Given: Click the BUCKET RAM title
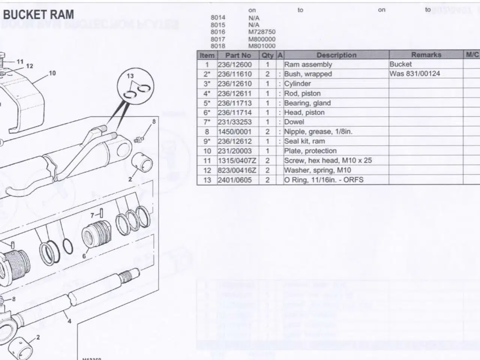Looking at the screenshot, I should (39, 15).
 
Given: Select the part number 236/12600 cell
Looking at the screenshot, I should (235, 64).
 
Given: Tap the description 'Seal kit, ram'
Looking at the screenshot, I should (304, 141).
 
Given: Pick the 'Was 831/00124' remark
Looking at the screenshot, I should (414, 74).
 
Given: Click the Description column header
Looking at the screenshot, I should (336, 55).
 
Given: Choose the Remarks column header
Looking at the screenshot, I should (426, 55).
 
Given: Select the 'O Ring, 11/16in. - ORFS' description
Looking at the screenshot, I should (324, 180).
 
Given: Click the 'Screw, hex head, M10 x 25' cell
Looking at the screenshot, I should (328, 160).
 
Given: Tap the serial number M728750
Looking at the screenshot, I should (262, 32).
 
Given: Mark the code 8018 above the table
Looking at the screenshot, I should (218, 46).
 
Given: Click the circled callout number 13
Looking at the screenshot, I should (130, 76).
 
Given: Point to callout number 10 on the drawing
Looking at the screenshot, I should (52, 73).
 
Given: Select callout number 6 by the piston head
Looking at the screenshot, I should (84, 256).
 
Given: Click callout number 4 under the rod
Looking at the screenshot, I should (69, 321).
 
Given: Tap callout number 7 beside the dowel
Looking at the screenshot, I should (93, 215).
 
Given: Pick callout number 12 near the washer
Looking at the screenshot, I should (29, 66).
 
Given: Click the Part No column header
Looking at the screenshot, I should (238, 55).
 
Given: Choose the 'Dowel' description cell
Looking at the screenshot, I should (294, 122).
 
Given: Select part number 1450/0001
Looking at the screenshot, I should (234, 132).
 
